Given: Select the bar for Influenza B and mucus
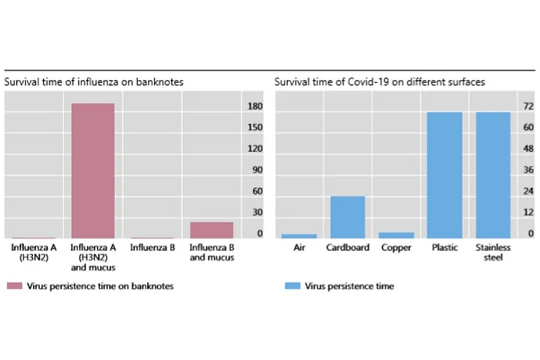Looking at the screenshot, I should click(x=211, y=230).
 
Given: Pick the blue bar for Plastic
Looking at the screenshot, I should click(x=444, y=175).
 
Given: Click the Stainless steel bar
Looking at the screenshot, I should click(x=493, y=175).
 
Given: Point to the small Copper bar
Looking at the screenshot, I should click(x=396, y=235).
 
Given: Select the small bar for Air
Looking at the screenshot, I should click(x=299, y=236).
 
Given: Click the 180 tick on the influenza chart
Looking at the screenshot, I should click(x=255, y=107).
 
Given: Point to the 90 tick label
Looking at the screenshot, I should click(x=256, y=170).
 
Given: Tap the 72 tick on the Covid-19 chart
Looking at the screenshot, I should click(x=510, y=107).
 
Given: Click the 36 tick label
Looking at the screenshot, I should click(x=510, y=170).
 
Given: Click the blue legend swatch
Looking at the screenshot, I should click(x=291, y=286).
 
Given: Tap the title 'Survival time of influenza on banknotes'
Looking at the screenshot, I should click(x=94, y=82).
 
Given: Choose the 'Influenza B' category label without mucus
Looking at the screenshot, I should click(x=152, y=247).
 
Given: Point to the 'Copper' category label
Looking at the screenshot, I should click(x=396, y=247).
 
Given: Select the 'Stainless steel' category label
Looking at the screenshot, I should click(x=493, y=252).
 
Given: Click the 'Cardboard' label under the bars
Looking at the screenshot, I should click(x=347, y=247).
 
